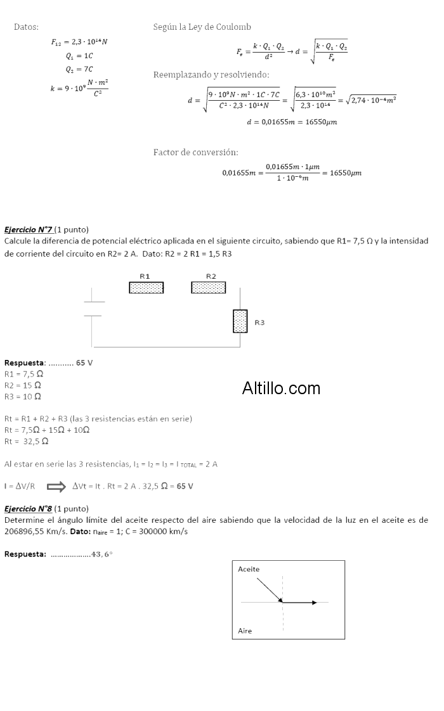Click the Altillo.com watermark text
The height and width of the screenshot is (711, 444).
[x=281, y=388]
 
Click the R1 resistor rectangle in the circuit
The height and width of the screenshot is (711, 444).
[x=146, y=288]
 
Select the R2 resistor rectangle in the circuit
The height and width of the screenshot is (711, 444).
[x=208, y=288]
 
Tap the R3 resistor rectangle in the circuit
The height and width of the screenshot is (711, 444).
[x=240, y=321]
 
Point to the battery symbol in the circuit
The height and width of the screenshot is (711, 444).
[x=93, y=308]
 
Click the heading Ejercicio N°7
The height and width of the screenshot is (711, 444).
[x=28, y=229]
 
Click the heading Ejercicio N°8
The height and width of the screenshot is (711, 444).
[x=28, y=508]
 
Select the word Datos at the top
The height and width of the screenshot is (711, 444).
[x=26, y=27]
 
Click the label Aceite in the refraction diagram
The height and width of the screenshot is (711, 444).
[x=249, y=569]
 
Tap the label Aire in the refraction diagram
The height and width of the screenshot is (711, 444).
[x=245, y=631]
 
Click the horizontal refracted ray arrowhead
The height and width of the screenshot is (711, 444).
[x=313, y=602]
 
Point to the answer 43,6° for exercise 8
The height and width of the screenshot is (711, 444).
[x=102, y=554]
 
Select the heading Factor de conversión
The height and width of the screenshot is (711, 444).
[x=195, y=153]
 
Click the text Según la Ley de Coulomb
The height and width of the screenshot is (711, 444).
[x=202, y=27]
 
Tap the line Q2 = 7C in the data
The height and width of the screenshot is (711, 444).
[x=79, y=69]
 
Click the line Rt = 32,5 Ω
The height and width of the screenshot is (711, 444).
[x=23, y=441]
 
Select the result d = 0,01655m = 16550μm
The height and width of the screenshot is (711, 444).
[x=291, y=122]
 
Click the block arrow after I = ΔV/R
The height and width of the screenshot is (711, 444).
[x=56, y=487]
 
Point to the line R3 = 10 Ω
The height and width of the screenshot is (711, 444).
[x=23, y=396]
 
